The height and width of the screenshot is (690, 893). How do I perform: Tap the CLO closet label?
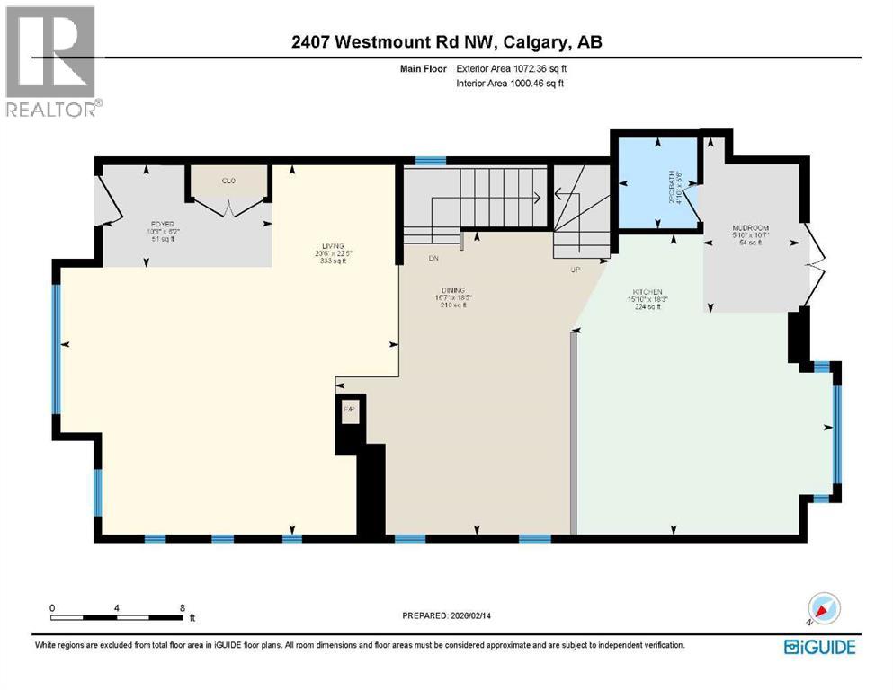[228, 181]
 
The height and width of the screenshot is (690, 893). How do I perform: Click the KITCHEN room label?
[647, 292]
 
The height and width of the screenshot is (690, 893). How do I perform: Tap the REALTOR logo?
[50, 61]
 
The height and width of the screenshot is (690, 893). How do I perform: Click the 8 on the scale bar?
[183, 607]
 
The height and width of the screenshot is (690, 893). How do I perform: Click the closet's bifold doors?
[228, 207]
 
